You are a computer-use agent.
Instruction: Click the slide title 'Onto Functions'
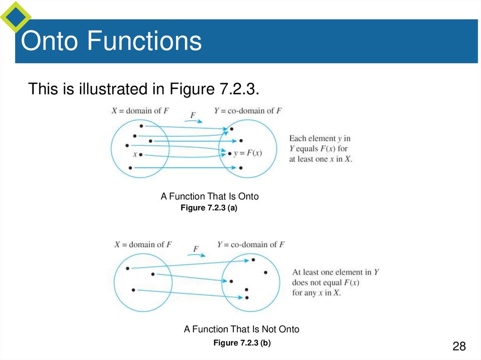click(111, 41)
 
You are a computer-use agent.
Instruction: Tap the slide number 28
click(459, 346)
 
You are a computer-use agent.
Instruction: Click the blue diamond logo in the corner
click(15, 16)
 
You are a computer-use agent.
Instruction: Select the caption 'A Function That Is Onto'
click(209, 196)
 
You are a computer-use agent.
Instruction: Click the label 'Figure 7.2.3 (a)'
click(209, 208)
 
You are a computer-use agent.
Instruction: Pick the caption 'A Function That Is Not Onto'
click(241, 329)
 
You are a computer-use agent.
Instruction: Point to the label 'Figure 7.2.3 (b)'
click(242, 343)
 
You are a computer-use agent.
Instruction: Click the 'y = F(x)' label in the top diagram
click(248, 153)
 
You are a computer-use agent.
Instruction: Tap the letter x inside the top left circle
click(135, 154)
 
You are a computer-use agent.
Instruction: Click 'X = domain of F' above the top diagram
click(140, 111)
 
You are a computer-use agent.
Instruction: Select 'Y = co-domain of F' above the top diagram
click(248, 111)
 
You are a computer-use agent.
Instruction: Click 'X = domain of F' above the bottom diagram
click(143, 245)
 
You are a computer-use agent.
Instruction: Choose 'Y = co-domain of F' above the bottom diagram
click(251, 245)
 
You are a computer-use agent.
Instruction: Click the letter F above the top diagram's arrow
click(193, 115)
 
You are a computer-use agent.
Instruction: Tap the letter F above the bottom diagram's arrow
click(196, 249)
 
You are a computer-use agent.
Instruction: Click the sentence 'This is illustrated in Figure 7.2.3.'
click(144, 89)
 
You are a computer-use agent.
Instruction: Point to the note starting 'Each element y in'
click(320, 148)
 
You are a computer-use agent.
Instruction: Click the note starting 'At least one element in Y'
click(335, 282)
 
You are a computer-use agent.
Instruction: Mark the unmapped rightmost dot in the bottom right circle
click(265, 272)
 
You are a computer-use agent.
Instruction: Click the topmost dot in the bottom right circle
click(253, 260)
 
